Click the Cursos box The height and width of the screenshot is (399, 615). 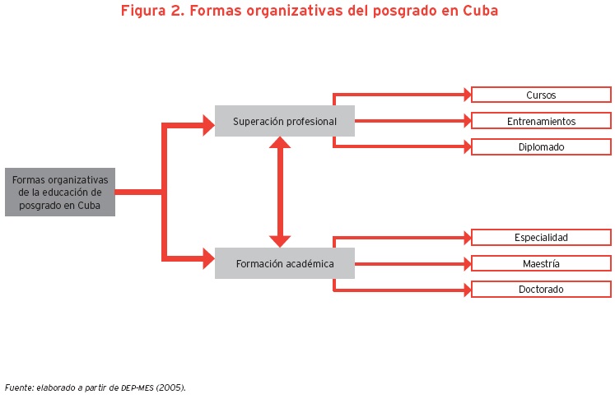pos(541,95)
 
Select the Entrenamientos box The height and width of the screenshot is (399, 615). pos(541,122)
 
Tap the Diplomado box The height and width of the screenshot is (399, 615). pos(541,147)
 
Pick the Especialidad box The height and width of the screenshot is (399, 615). pos(541,238)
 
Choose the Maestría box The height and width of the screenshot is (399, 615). pos(541,264)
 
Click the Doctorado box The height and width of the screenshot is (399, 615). pos(541,290)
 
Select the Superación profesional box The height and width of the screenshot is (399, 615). pos(284,122)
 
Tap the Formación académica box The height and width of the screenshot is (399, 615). pos(284,264)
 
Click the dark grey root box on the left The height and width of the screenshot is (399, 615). pos(59,193)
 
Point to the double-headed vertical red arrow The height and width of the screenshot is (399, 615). pos(281,193)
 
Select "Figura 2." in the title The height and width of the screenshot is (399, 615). pos(151,12)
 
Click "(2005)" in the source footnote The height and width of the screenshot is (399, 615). pos(171,387)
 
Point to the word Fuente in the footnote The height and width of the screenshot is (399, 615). pos(19,387)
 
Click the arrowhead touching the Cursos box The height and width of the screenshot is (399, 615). pos(465,95)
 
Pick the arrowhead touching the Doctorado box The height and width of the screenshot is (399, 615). pos(465,290)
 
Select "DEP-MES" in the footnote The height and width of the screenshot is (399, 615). pos(136,387)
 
